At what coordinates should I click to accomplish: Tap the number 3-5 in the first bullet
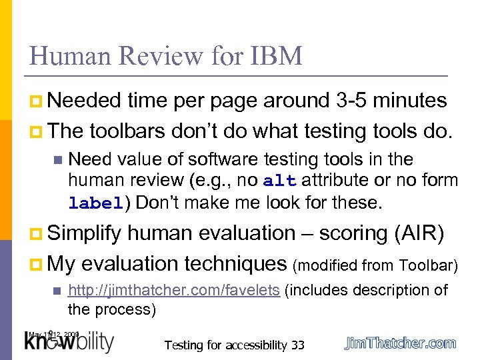[349, 101]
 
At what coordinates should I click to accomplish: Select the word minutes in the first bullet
[410, 101]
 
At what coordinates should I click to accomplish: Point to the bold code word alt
[275, 181]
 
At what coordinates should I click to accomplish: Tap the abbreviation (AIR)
[425, 233]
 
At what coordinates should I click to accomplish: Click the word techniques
[233, 263]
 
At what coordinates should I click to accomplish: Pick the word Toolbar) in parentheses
[429, 265]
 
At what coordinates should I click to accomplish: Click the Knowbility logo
[69, 341]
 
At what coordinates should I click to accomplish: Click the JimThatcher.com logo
[400, 343]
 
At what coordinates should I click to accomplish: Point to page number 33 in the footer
[297, 345]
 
